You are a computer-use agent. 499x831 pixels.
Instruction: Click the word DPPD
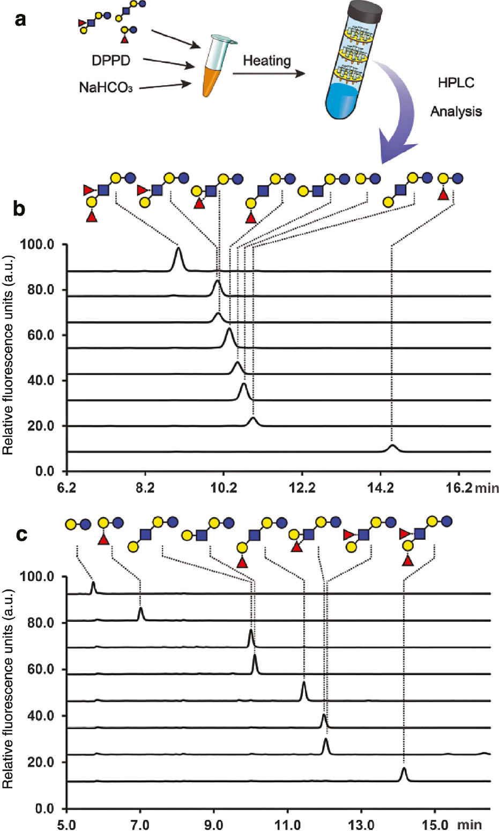coord(110,60)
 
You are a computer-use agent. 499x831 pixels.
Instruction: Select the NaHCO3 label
coord(106,87)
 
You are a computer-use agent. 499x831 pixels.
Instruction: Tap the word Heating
coord(266,61)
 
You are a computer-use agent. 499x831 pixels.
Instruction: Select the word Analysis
coord(456,112)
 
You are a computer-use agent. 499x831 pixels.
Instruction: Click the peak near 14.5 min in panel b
coord(393,447)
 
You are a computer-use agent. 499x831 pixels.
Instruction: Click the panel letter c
coord(21,535)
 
